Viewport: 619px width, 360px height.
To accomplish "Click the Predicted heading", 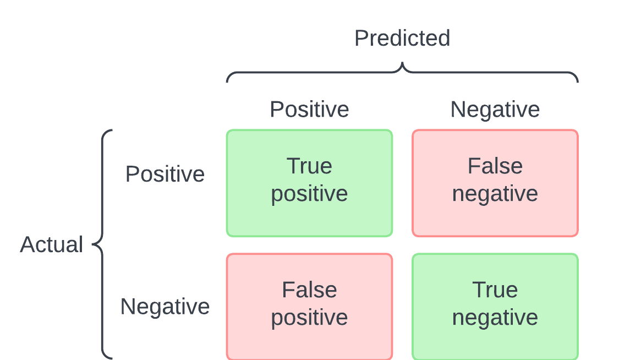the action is pyautogui.click(x=402, y=38).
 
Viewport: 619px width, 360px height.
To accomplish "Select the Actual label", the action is pyautogui.click(x=51, y=244).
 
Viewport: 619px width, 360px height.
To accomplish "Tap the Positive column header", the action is pyautogui.click(x=309, y=110).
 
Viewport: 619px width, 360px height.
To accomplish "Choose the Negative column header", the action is pyautogui.click(x=495, y=110).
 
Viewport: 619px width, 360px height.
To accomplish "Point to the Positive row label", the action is pyautogui.click(x=165, y=174).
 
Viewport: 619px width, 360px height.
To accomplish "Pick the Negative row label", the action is pyautogui.click(x=165, y=307).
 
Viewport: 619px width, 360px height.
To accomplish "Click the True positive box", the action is pyautogui.click(x=309, y=183).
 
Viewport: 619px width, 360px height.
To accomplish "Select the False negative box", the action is pyautogui.click(x=495, y=183).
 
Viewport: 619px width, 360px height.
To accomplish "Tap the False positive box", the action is pyautogui.click(x=309, y=307).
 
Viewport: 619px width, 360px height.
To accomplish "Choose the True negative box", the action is pyautogui.click(x=495, y=307).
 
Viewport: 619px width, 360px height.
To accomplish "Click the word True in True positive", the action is pyautogui.click(x=309, y=166).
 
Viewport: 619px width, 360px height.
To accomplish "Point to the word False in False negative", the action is pyautogui.click(x=495, y=166).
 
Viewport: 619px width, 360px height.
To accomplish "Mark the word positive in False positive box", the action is pyautogui.click(x=309, y=318).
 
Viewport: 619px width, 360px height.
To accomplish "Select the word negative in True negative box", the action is pyautogui.click(x=495, y=318).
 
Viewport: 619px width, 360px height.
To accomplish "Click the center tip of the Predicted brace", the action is pyautogui.click(x=402, y=63).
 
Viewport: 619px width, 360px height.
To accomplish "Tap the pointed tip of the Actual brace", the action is pyautogui.click(x=93, y=244).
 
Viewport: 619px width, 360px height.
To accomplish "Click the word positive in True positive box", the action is pyautogui.click(x=309, y=194).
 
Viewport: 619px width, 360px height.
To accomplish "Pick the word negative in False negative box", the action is pyautogui.click(x=495, y=194).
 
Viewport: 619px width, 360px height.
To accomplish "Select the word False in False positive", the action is pyautogui.click(x=309, y=290).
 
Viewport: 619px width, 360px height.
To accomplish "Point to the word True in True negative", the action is pyautogui.click(x=495, y=290).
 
